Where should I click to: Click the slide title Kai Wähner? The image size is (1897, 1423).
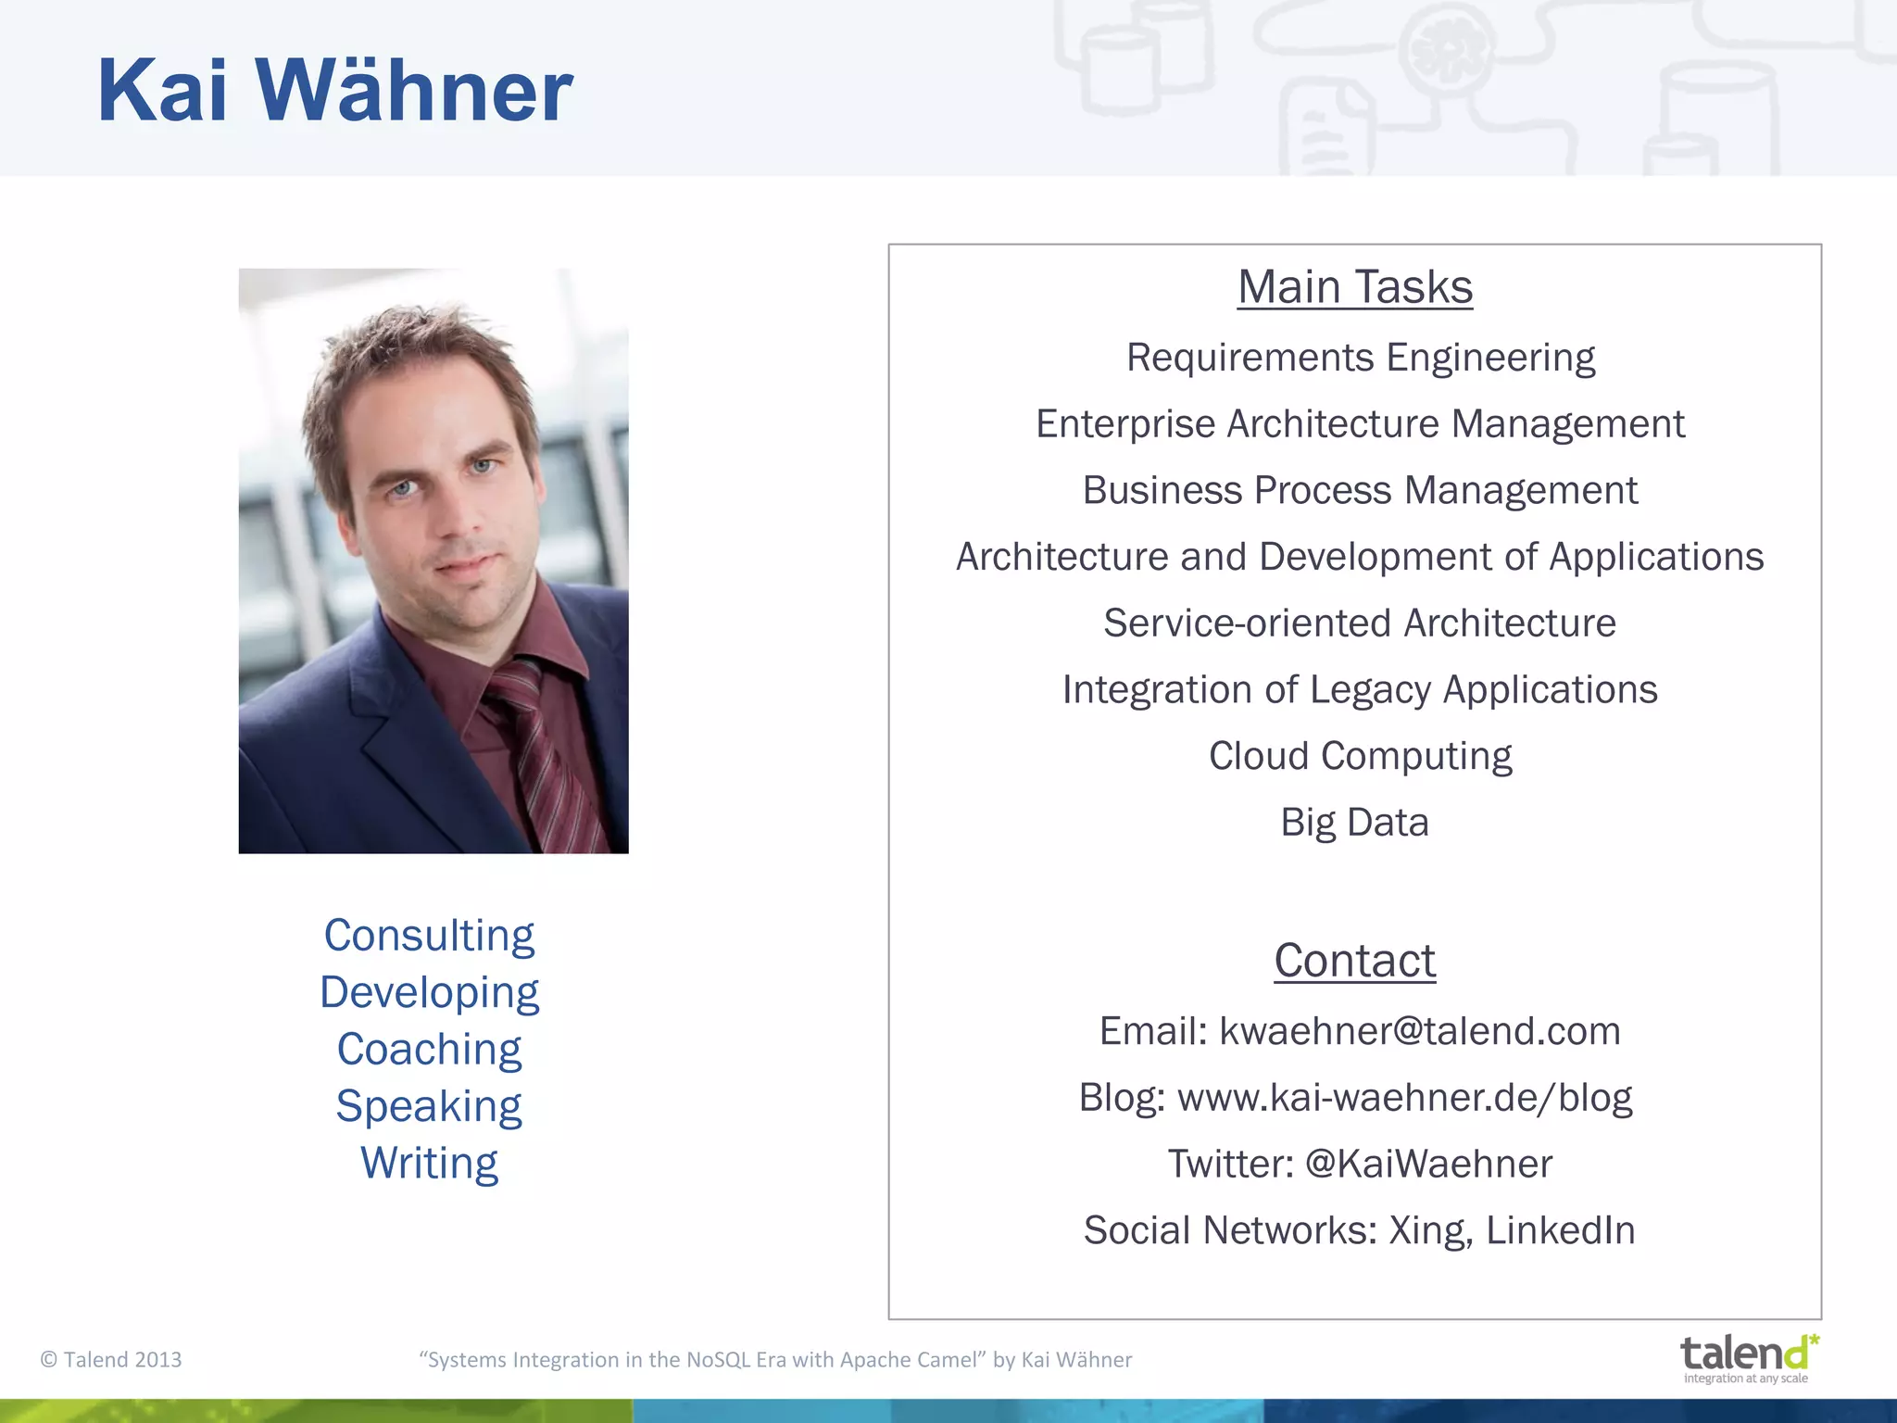pyautogui.click(x=334, y=91)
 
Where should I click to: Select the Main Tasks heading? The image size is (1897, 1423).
pyautogui.click(x=1354, y=287)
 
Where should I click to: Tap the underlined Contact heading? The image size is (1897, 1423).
pyautogui.click(x=1354, y=961)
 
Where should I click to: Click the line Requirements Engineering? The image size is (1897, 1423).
pyautogui.click(x=1360, y=358)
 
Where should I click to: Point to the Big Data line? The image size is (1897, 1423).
pyautogui.click(x=1354, y=823)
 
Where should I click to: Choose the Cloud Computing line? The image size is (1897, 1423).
pyautogui.click(x=1360, y=756)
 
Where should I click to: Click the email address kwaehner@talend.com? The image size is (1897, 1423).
pyautogui.click(x=1419, y=1031)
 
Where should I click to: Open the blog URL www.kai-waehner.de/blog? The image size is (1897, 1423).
pyautogui.click(x=1404, y=1098)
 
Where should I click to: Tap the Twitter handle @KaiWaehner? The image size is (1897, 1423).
pyautogui.click(x=1428, y=1165)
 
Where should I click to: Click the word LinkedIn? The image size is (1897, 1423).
pyautogui.click(x=1560, y=1230)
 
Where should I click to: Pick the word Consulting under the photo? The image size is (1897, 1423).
pyautogui.click(x=429, y=936)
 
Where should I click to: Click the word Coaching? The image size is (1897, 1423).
pyautogui.click(x=429, y=1050)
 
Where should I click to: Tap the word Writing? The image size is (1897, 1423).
pyautogui.click(x=429, y=1164)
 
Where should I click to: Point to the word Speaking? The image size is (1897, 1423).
pyautogui.click(x=429, y=1106)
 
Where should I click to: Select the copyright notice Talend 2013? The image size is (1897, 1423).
pyautogui.click(x=111, y=1360)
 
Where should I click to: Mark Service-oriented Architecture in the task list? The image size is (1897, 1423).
pyautogui.click(x=1360, y=623)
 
